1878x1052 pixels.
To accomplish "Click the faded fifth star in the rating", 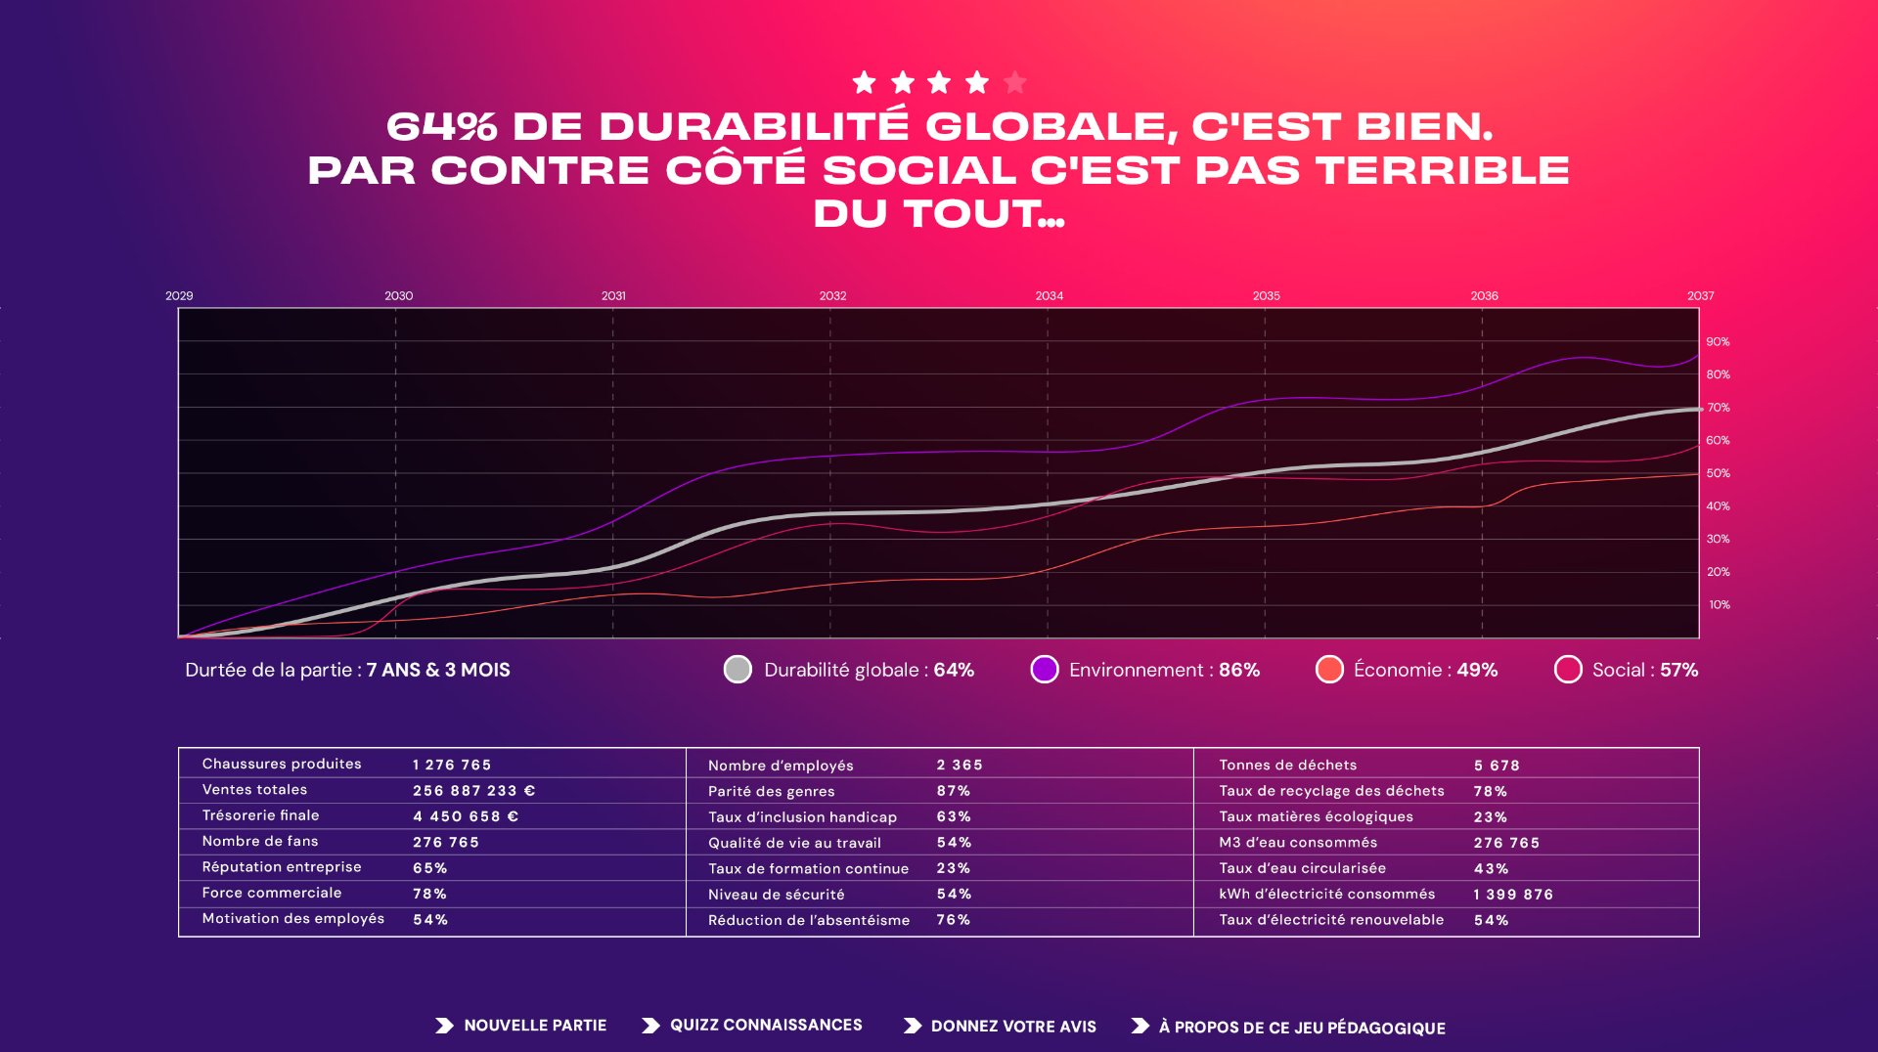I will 1015,82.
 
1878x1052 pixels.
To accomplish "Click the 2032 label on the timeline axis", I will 832,295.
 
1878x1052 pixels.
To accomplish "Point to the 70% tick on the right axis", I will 1718,408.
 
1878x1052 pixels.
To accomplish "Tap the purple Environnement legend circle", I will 1045,670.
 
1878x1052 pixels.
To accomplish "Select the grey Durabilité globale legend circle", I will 738,670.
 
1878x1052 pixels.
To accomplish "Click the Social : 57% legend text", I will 1644,670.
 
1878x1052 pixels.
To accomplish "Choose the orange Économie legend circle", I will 1329,670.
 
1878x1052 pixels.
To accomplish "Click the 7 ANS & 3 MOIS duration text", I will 438,670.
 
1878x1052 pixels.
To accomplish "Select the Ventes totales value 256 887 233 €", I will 473,791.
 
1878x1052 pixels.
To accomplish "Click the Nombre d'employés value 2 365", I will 959,766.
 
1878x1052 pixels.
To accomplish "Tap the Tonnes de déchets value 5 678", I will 1497,766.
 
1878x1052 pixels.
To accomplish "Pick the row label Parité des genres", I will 771,791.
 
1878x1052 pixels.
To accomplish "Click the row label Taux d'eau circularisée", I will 1302,868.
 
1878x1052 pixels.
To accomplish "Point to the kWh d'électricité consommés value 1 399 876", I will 1513,895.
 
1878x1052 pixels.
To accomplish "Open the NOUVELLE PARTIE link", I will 534,1026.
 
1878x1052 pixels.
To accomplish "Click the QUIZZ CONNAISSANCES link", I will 765,1026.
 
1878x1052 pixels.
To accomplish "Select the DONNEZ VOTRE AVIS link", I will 1012,1027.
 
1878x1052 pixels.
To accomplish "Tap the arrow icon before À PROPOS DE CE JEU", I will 1140,1027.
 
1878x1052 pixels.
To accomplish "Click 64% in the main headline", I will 442,127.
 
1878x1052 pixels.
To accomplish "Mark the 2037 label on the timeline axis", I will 1700,295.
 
